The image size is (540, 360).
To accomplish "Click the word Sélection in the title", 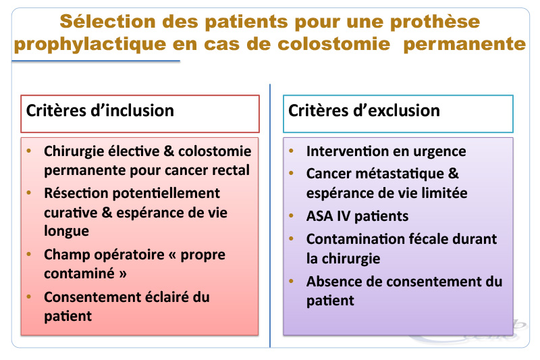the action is [x=108, y=22].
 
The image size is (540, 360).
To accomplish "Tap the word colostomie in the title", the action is [x=333, y=44].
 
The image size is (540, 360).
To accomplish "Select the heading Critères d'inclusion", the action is [x=100, y=111].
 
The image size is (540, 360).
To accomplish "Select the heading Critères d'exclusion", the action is [x=364, y=111].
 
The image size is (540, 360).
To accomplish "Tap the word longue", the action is [x=66, y=231].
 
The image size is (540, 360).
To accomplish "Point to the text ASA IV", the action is [x=328, y=216].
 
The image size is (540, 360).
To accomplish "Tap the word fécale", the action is [x=427, y=238].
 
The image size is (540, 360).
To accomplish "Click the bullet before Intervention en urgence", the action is [x=292, y=151].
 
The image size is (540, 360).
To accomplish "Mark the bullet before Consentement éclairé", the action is [x=29, y=297].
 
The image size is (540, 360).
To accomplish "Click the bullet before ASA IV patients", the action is [x=292, y=216].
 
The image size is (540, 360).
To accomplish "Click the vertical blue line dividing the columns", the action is [x=270, y=215].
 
